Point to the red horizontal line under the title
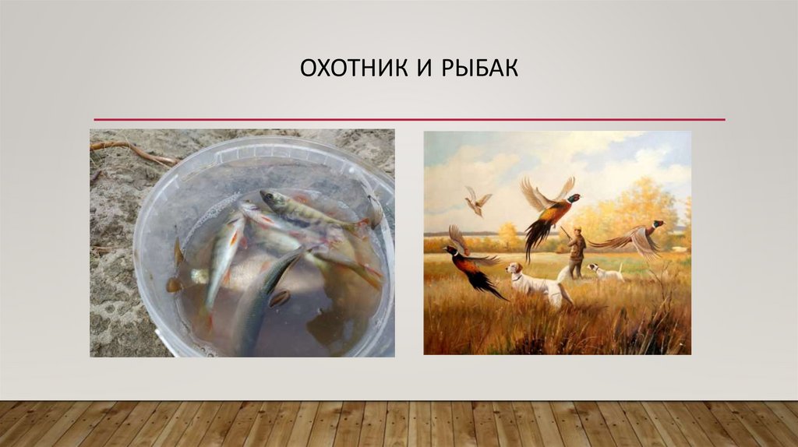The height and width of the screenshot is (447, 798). click(409, 119)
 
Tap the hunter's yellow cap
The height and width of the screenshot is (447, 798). click(576, 230)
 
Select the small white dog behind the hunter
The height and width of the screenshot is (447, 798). click(605, 272)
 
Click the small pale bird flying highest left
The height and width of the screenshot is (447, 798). click(476, 201)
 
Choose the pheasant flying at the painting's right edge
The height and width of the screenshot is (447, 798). click(636, 237)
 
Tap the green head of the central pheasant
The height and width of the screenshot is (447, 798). click(574, 199)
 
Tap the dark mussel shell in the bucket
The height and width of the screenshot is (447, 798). click(279, 298)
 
